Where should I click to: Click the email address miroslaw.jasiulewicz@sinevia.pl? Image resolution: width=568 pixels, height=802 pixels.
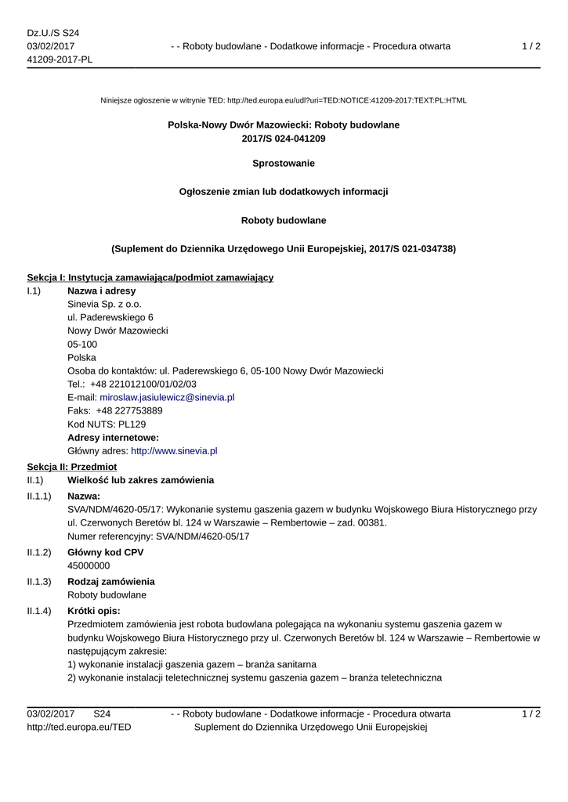point(167,398)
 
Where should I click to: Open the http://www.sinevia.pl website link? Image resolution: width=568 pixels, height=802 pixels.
point(174,451)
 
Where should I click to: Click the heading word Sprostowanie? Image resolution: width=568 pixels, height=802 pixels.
point(284,164)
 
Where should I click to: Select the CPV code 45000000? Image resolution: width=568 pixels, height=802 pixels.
point(89,565)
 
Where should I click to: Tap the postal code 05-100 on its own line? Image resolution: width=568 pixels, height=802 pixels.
point(82,345)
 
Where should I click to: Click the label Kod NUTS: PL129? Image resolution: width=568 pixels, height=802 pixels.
point(107,424)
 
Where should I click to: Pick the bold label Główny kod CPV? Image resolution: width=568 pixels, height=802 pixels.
point(106,552)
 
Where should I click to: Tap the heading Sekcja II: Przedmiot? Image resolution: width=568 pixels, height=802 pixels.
point(72,466)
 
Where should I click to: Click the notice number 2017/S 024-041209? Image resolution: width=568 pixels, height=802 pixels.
point(284,139)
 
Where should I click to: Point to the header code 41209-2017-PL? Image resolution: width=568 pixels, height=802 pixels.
point(60,60)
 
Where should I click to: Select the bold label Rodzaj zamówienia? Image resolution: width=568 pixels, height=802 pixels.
point(111,582)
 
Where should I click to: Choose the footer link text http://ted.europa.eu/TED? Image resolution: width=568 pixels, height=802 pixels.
point(79,728)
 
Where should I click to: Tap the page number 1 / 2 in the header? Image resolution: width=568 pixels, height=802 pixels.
point(531,46)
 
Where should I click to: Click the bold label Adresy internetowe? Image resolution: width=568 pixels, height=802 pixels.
point(114,438)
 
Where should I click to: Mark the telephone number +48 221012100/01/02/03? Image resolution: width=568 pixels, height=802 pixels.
point(143,385)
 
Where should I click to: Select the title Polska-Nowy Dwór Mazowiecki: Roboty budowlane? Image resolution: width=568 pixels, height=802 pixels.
point(284,125)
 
